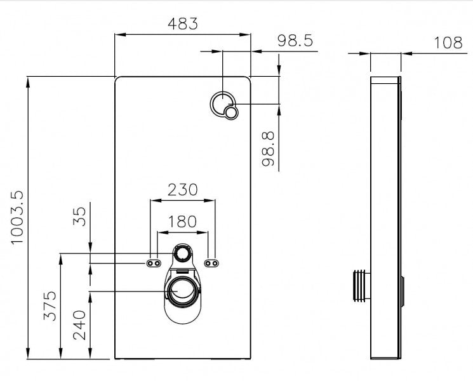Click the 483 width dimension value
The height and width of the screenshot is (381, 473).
coord(183,24)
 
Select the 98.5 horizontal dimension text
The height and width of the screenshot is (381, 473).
coord(295,41)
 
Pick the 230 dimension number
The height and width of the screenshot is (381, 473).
coord(182,189)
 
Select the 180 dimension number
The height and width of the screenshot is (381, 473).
coord(182,222)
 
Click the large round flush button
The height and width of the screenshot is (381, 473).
coord(222,102)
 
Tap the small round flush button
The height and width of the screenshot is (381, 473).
coord(231,113)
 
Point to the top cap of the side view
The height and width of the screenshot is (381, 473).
coord(385,81)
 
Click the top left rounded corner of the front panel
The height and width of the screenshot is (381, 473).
coord(118,80)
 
